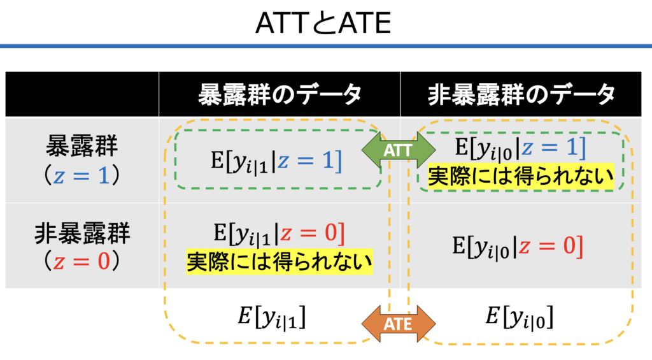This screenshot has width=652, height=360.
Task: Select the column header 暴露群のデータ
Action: click(x=280, y=94)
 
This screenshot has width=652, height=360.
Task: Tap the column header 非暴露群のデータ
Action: click(x=521, y=94)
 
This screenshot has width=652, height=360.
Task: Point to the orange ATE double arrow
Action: click(x=399, y=324)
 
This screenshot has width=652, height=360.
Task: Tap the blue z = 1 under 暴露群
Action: click(x=83, y=176)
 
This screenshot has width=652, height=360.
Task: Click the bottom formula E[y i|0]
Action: click(x=519, y=317)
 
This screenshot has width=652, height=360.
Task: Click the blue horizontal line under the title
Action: click(x=326, y=47)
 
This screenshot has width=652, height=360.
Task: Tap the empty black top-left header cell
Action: click(x=82, y=94)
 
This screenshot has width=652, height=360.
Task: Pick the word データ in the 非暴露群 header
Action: click(x=582, y=94)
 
